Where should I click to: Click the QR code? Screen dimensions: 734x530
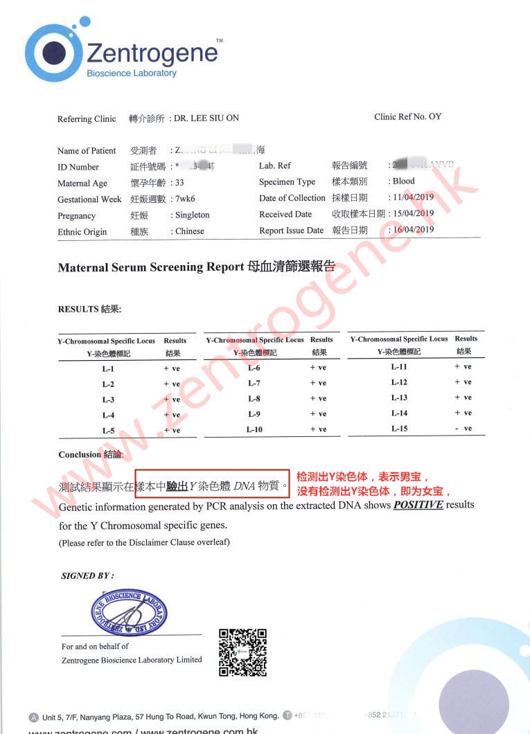(242, 652)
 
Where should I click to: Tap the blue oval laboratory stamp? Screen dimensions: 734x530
(129, 612)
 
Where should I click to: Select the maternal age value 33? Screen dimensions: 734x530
(179, 183)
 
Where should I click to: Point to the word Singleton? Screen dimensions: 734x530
(193, 215)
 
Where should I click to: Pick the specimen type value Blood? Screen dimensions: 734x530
(404, 181)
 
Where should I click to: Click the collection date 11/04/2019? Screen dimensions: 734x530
(413, 197)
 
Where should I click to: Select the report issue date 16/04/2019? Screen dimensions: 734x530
(413, 230)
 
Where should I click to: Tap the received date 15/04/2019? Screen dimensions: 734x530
(413, 213)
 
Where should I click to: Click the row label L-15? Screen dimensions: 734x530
(399, 429)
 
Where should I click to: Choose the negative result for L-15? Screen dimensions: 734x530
(463, 429)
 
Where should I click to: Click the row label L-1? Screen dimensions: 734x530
(108, 368)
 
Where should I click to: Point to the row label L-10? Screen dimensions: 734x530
(254, 429)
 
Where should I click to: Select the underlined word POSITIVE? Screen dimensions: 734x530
(418, 505)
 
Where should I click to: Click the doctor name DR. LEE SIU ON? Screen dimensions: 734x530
(206, 118)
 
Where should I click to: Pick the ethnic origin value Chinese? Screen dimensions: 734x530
(190, 231)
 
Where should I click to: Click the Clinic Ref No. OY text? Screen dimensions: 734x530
(407, 116)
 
